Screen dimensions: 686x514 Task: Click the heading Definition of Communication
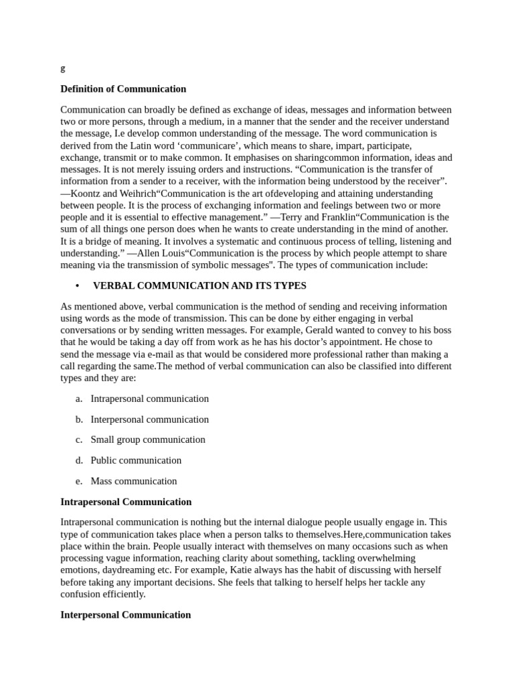[123, 89]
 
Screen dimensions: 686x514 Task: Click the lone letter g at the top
[63, 68]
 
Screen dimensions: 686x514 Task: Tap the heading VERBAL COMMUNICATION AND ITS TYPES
[199, 286]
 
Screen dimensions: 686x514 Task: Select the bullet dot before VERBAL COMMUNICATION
[78, 286]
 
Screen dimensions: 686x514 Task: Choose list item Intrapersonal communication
[149, 399]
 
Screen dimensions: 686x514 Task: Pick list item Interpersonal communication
[149, 419]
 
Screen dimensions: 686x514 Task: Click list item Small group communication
[148, 439]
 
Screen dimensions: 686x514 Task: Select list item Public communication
[136, 460]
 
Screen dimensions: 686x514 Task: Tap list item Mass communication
[134, 481]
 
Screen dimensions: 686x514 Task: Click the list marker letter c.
[78, 439]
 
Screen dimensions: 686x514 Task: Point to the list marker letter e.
[78, 481]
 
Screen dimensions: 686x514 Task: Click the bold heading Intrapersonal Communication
[126, 502]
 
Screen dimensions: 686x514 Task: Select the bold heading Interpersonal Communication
[126, 614]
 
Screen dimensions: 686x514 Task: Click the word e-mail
[173, 354]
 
